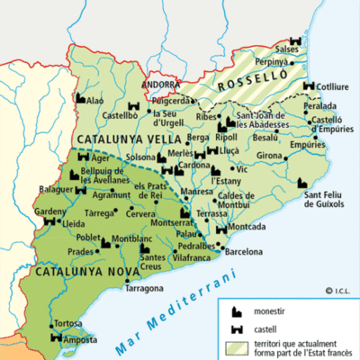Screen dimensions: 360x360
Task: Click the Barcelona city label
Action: [x=244, y=253]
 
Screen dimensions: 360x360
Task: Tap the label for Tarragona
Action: [x=144, y=288]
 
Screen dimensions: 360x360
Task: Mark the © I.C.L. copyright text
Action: [x=334, y=290]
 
